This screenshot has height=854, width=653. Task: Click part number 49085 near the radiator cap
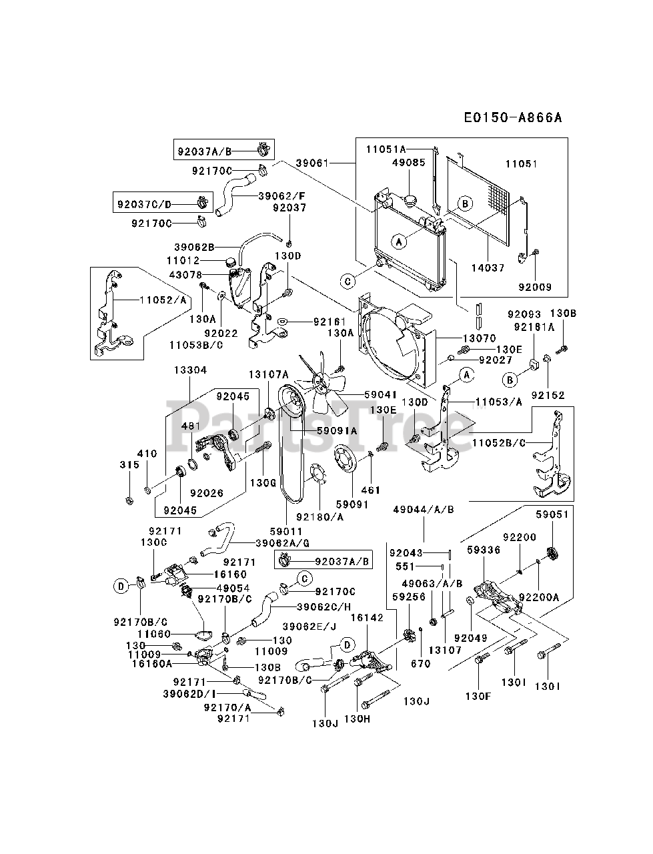point(409,162)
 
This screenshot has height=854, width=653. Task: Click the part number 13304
point(191,370)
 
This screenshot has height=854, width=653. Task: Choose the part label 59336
point(484,551)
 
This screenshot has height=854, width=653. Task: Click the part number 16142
point(368,618)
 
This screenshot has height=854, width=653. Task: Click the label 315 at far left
point(129,464)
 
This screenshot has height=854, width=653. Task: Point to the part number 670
point(421,664)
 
